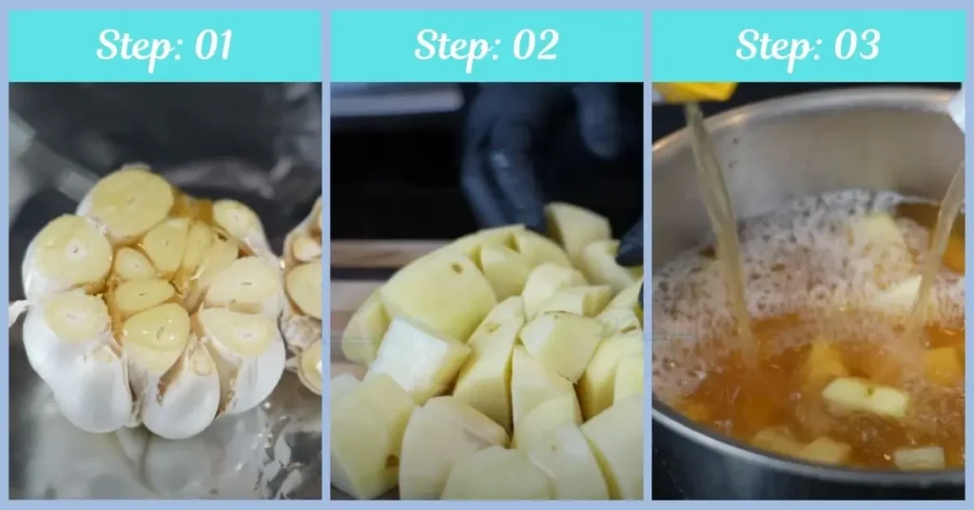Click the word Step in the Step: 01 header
(128, 45)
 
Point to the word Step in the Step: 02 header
(450, 45)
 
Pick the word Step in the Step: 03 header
(771, 45)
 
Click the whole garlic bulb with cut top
(152, 300)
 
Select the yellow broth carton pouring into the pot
(694, 91)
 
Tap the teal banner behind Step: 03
(932, 45)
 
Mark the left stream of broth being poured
(718, 219)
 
